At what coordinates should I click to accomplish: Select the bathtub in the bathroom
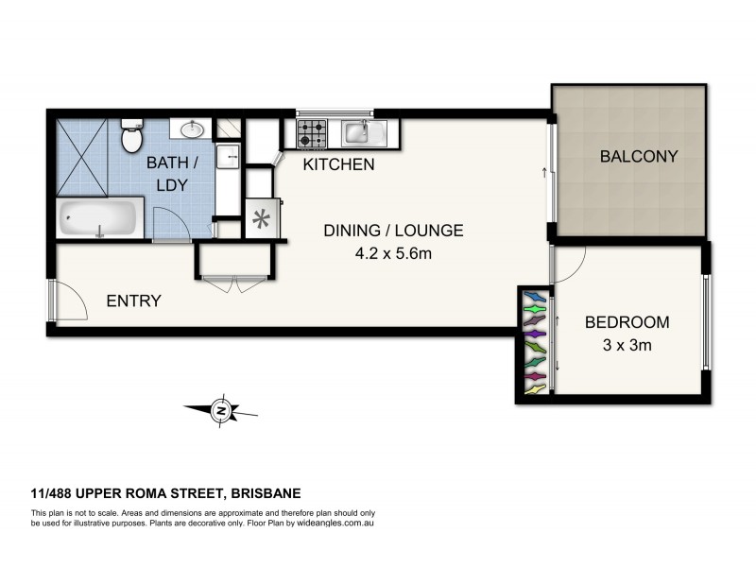[x=99, y=219]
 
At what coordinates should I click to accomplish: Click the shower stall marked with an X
[x=81, y=157]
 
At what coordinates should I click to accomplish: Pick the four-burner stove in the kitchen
[x=313, y=133]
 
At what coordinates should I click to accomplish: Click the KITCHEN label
[x=338, y=165]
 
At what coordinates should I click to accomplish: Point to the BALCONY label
[x=639, y=157]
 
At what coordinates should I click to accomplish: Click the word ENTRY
[x=133, y=301]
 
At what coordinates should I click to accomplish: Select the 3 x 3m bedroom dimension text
[x=626, y=345]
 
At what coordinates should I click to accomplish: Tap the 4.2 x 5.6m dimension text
[x=393, y=252]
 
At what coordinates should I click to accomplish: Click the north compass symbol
[x=220, y=410]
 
